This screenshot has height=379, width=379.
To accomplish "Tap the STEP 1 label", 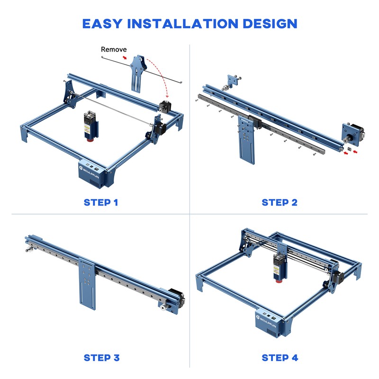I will pos(101,202).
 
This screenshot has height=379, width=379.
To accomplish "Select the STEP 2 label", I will pos(280,202).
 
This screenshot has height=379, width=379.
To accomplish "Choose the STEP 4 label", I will pos(280,357).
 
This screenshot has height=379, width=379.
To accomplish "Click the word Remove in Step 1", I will pos(114,49).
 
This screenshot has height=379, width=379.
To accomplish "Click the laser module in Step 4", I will pos(278,268).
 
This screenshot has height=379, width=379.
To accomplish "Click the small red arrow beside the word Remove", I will pos(125,57).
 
